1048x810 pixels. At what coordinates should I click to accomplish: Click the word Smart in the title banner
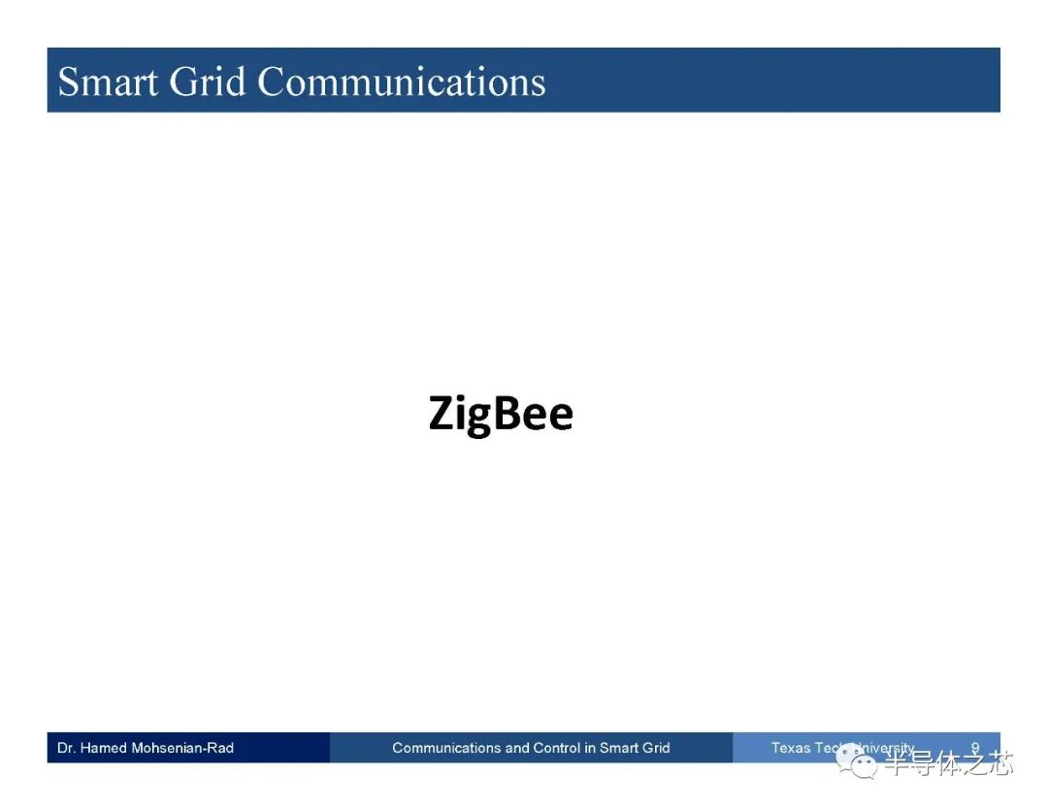pyautogui.click(x=109, y=82)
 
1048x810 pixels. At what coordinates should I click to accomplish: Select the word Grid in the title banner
pyautogui.click(x=208, y=82)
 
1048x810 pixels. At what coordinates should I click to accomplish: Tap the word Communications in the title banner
pyautogui.click(x=401, y=82)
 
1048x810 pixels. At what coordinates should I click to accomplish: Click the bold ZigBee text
pyautogui.click(x=501, y=414)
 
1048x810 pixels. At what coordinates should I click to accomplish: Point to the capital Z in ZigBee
pyautogui.click(x=442, y=413)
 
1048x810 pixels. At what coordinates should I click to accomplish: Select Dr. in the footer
pyautogui.click(x=66, y=748)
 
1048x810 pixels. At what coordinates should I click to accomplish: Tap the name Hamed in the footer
pyautogui.click(x=104, y=748)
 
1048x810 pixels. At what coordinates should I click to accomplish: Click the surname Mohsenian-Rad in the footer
pyautogui.click(x=182, y=748)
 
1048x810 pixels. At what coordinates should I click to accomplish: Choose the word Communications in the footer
pyautogui.click(x=446, y=748)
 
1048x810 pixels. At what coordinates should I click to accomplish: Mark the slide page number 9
pyautogui.click(x=975, y=748)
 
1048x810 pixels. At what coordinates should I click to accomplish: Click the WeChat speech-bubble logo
pyautogui.click(x=857, y=761)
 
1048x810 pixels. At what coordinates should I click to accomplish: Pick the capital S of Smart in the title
pyautogui.click(x=69, y=82)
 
